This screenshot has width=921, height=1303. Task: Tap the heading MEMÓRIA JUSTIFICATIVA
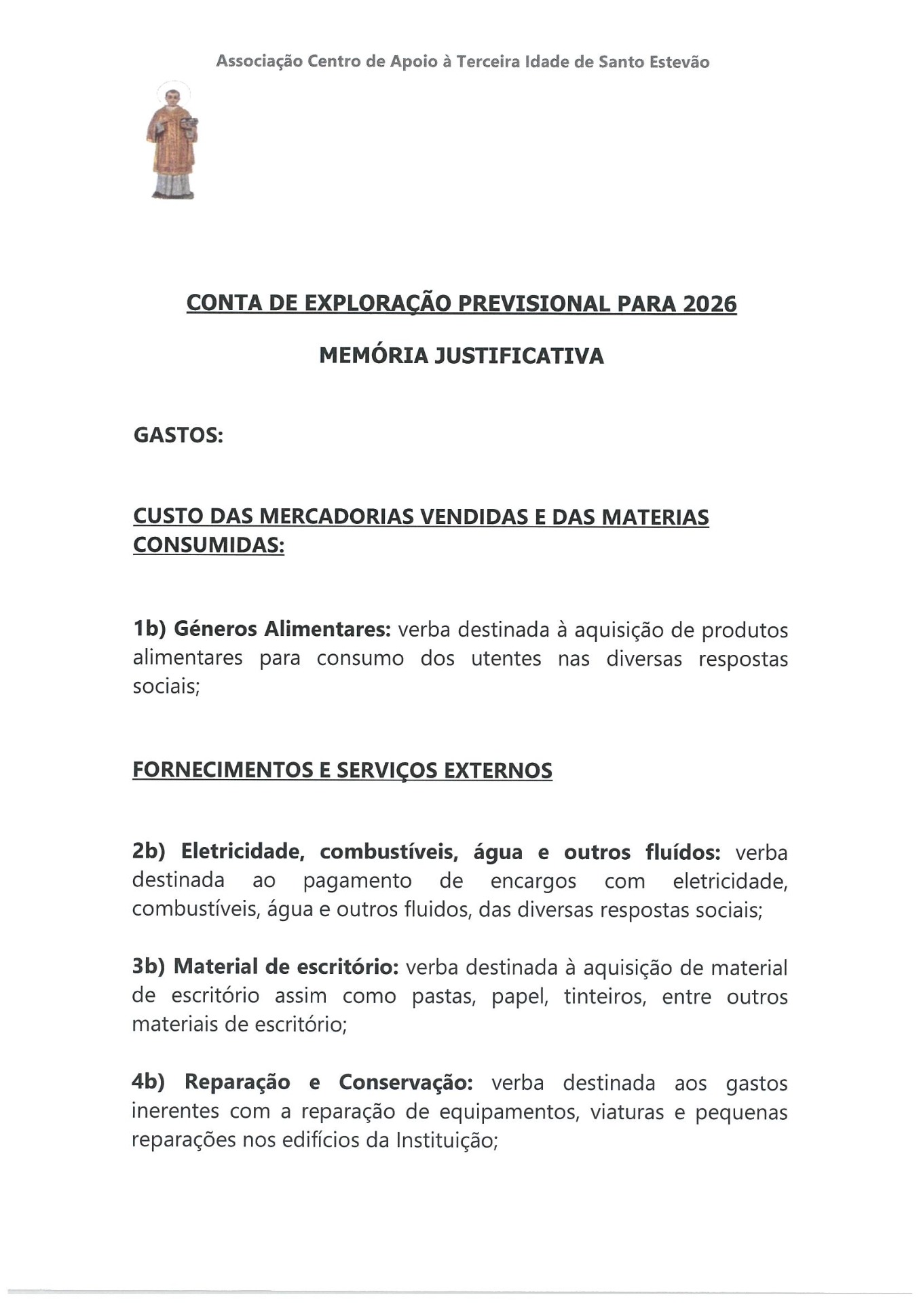(x=461, y=356)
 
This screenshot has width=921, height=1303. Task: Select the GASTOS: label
(x=178, y=435)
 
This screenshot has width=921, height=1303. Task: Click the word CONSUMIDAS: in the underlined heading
(x=208, y=545)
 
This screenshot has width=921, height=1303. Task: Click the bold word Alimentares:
(x=327, y=629)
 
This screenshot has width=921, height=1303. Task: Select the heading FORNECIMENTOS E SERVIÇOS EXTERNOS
(x=342, y=770)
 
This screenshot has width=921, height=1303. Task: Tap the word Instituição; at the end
(x=447, y=1140)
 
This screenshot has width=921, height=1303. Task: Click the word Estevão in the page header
(x=680, y=62)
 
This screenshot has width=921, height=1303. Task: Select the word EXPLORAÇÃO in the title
(x=377, y=303)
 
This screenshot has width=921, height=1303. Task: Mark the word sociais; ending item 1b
(x=166, y=687)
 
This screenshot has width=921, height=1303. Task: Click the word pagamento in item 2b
(x=357, y=881)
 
